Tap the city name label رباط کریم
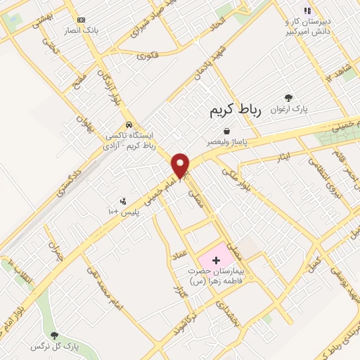235,111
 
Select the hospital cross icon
215,260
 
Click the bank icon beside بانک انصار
82,20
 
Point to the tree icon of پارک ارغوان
288,98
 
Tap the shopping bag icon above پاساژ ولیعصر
226,131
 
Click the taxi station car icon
129,124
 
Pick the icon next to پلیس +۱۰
124,202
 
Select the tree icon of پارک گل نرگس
54,336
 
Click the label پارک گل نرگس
55,347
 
